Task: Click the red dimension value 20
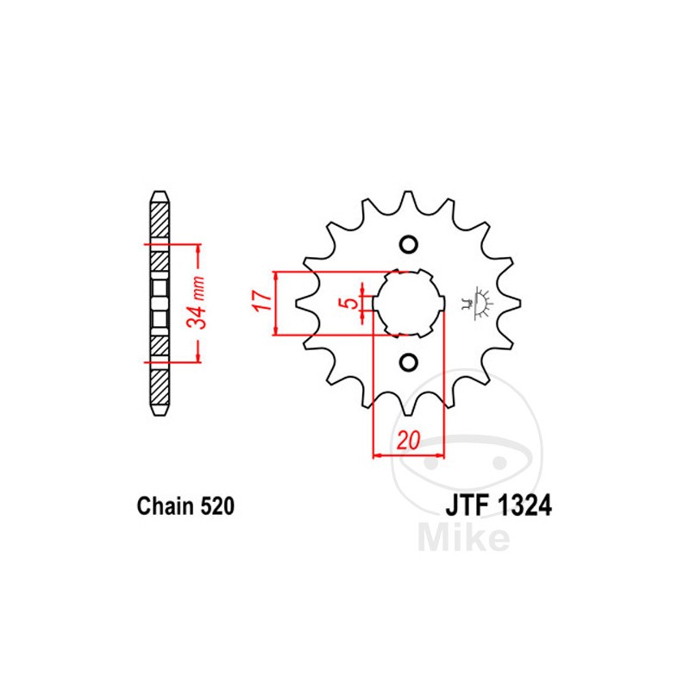(408, 440)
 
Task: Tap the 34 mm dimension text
(198, 303)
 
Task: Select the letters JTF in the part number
(467, 506)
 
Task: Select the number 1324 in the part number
(522, 506)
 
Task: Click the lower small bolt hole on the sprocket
(409, 361)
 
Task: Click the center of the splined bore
(409, 303)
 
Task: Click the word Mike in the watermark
(463, 536)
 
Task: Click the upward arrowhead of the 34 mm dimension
(199, 249)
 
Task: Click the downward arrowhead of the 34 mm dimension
(199, 357)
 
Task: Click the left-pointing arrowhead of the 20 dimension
(378, 455)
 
